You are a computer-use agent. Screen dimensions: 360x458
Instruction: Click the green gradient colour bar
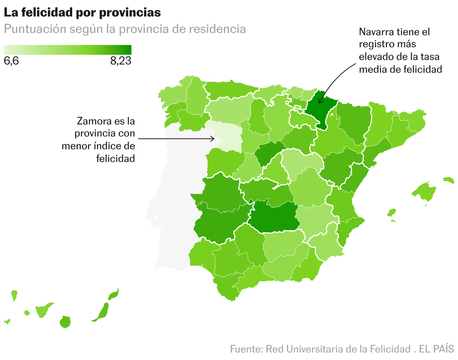(68, 49)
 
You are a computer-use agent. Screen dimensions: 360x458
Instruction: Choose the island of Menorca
(448, 180)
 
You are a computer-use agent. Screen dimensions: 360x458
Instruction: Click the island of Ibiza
(392, 213)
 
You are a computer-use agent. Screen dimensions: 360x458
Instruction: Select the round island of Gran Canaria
(65, 322)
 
